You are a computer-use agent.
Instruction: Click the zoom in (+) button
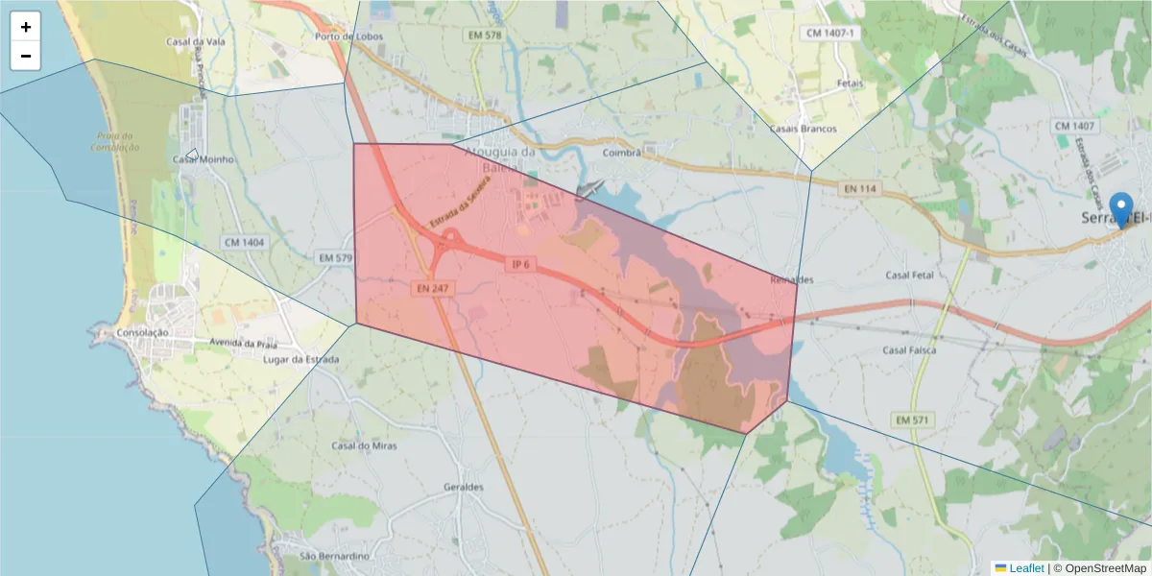26,27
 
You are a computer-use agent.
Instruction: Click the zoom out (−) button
26,56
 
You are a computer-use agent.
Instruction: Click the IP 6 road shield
521,264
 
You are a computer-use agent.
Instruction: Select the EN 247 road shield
433,287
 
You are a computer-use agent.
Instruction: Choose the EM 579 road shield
336,257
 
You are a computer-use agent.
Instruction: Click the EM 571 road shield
912,420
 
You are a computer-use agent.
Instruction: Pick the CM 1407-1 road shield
830,33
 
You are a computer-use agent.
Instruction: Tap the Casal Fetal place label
910,276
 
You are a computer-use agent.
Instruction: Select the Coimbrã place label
619,152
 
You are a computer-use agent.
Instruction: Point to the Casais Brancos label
804,129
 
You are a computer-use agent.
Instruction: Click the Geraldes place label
464,487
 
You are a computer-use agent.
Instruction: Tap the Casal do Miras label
364,445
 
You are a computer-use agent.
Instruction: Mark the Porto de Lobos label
343,36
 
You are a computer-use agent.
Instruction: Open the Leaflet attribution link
1026,568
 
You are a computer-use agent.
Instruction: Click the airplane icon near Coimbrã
590,188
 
